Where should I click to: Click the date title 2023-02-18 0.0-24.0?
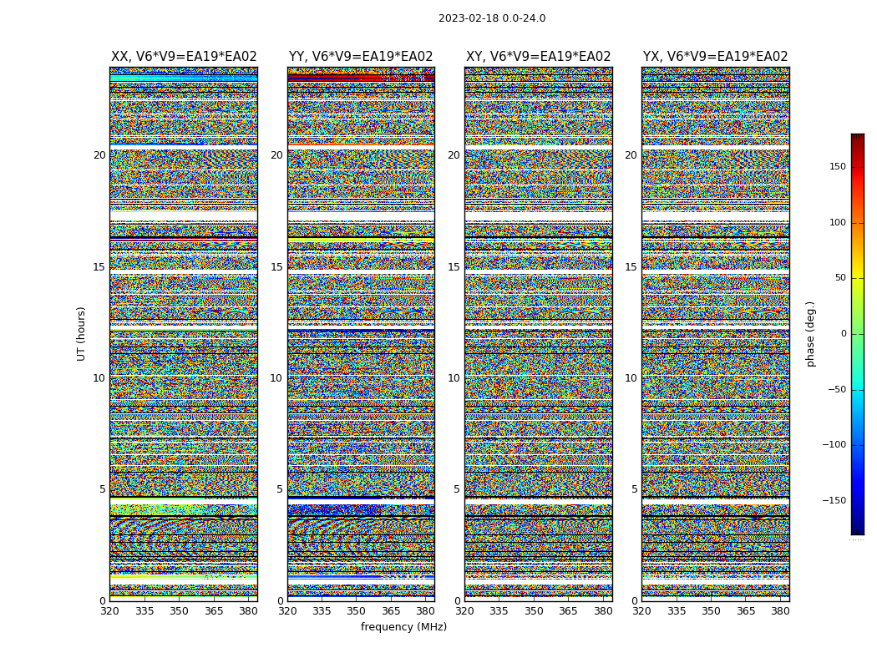[492, 18]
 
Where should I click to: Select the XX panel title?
[184, 57]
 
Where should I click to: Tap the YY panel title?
[361, 57]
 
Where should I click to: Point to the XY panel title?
[538, 57]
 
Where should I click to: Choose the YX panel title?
[715, 57]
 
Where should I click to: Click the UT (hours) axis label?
[81, 333]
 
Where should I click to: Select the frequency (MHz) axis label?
[403, 627]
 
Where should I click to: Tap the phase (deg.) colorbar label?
[810, 333]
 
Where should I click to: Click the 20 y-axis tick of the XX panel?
[99, 155]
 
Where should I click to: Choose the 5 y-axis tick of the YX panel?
[634, 489]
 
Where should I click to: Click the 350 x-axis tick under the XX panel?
[179, 610]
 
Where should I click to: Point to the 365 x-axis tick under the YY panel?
[391, 610]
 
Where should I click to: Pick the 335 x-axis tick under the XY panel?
[499, 610]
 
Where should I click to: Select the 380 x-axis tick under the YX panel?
[780, 610]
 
